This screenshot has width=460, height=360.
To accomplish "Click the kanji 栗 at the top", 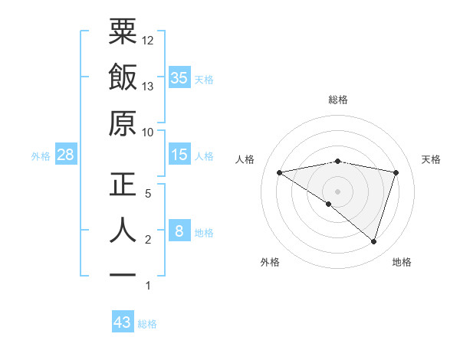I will pyautogui.click(x=123, y=32).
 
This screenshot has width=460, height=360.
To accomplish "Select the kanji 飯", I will pyautogui.click(x=123, y=78).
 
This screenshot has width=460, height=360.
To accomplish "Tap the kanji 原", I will pyautogui.click(x=123, y=124).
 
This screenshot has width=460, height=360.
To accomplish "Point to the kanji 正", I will pyautogui.click(x=123, y=185).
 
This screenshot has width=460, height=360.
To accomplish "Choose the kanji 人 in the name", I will pyautogui.click(x=123, y=231).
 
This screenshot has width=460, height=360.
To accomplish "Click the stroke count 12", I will pyautogui.click(x=148, y=40).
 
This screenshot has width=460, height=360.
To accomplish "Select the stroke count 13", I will pyautogui.click(x=148, y=86).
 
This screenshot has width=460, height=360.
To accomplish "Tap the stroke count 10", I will pyautogui.click(x=148, y=132).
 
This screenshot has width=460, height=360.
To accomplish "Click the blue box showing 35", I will pyautogui.click(x=179, y=77).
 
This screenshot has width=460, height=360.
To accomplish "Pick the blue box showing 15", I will pyautogui.click(x=179, y=155).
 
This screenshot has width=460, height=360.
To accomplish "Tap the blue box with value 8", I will pyautogui.click(x=179, y=231).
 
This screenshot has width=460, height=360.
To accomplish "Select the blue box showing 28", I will pyautogui.click(x=66, y=155).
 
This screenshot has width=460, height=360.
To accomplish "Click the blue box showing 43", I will pyautogui.click(x=123, y=322).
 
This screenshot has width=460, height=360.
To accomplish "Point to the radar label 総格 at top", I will pyautogui.click(x=338, y=100).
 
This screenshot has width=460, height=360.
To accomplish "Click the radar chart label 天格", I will pyautogui.click(x=431, y=159).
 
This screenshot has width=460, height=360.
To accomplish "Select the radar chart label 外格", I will pyautogui.click(x=270, y=262).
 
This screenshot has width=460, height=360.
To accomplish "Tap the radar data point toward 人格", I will pyautogui.click(x=279, y=172).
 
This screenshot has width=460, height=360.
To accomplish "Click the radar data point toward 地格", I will pyautogui.click(x=373, y=241).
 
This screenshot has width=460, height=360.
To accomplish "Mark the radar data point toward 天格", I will pyautogui.click(x=396, y=172).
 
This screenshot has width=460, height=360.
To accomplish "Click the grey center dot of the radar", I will pyautogui.click(x=338, y=191).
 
